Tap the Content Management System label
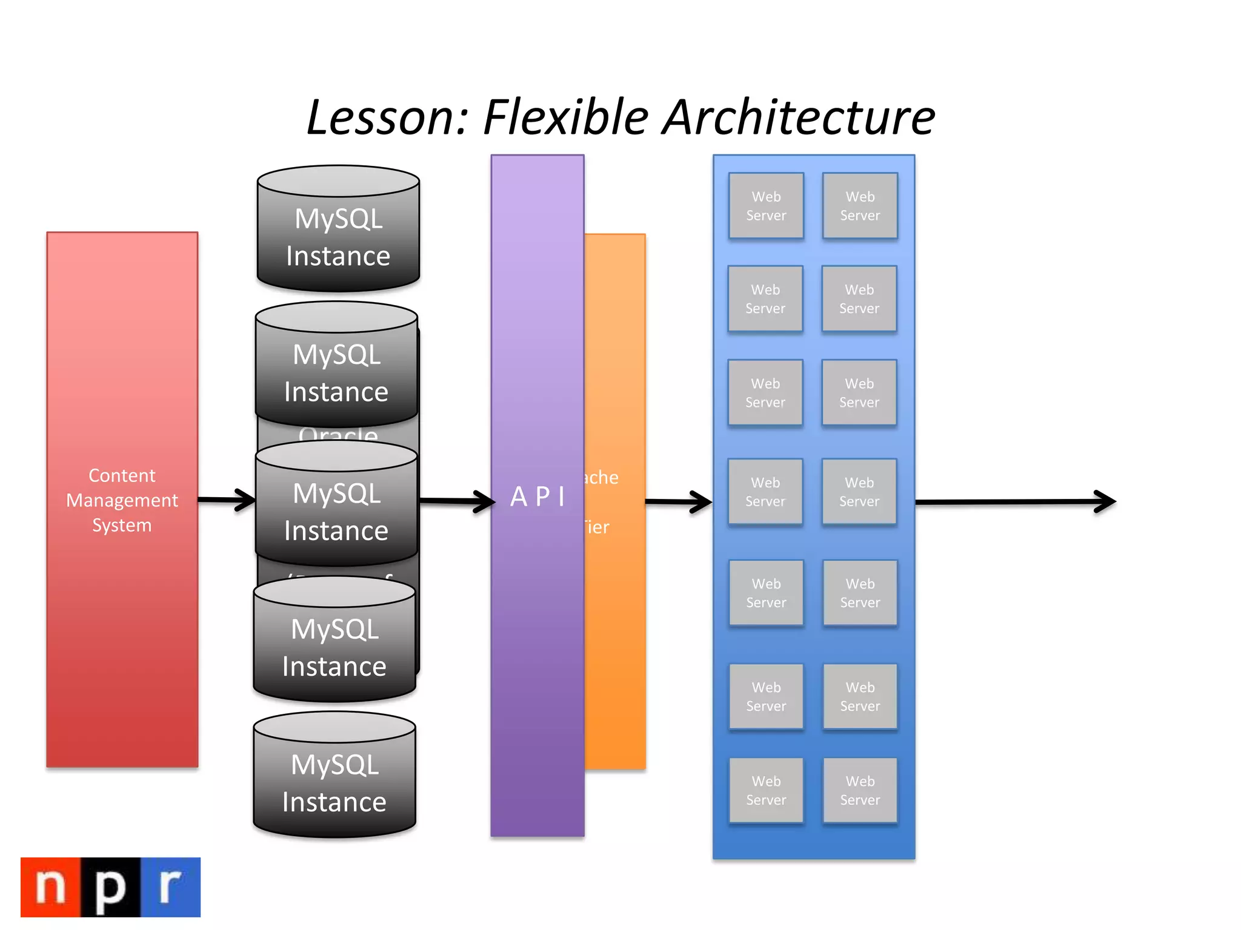click(x=122, y=500)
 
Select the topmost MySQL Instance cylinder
click(x=338, y=236)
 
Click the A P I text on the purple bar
click(x=537, y=497)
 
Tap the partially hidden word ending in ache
click(x=601, y=478)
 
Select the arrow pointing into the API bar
click(x=457, y=501)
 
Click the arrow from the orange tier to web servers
click(x=679, y=502)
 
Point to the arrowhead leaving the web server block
click(x=1105, y=501)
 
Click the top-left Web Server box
click(x=766, y=206)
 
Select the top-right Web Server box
click(x=860, y=206)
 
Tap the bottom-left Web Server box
click(x=766, y=790)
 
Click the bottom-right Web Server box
click(x=860, y=790)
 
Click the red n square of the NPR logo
click(x=51, y=887)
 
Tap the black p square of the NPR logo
click(x=110, y=887)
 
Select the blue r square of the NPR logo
click(x=170, y=887)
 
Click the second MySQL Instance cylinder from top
click(x=336, y=372)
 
